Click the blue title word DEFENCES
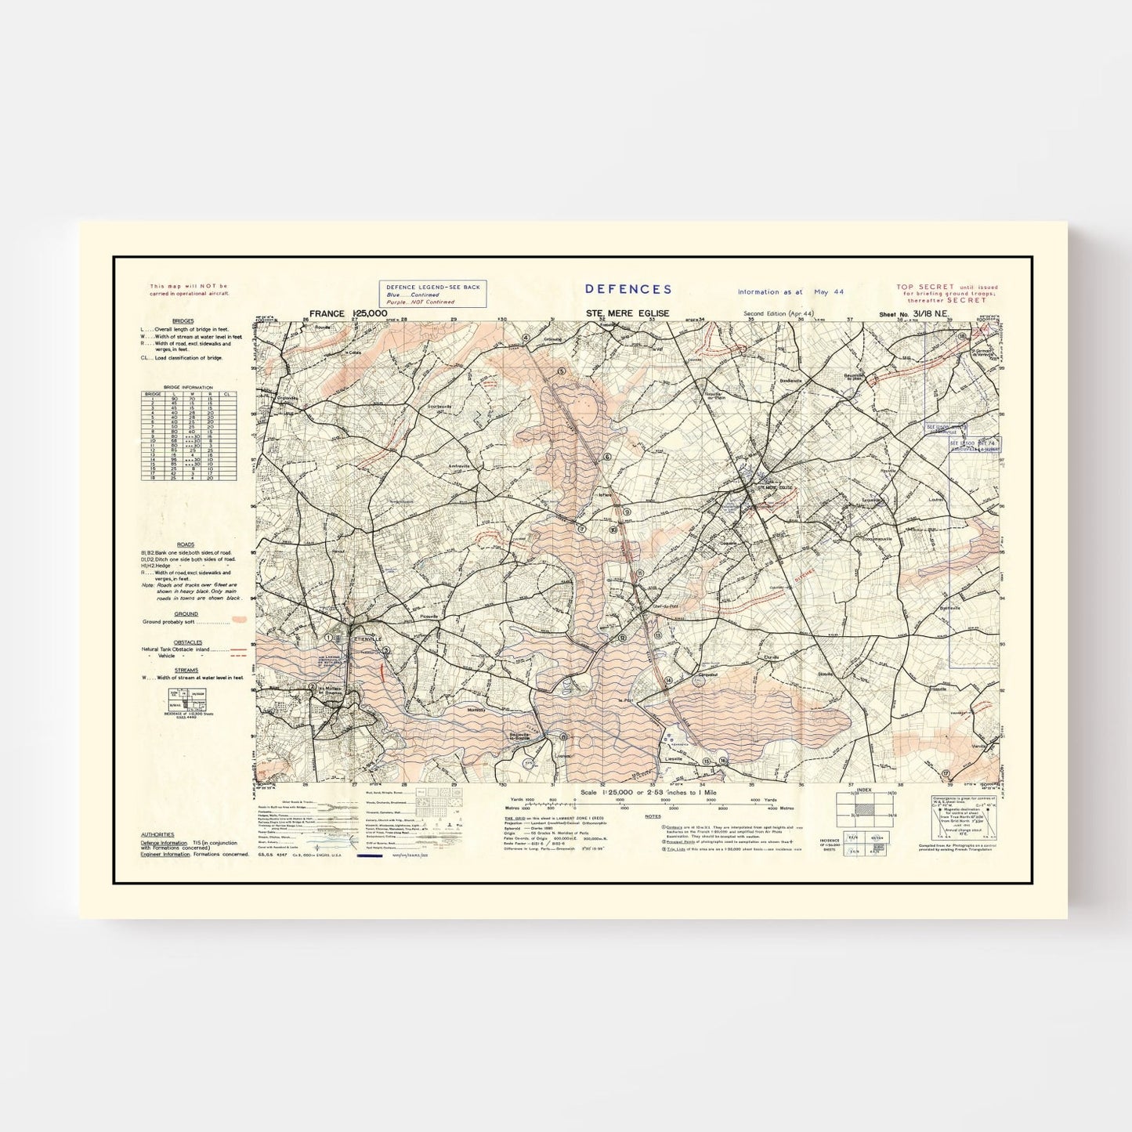[628, 289]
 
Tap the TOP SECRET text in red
[926, 288]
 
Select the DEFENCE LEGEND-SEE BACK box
[432, 294]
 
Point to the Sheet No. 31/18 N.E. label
[913, 314]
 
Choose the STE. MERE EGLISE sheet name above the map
[627, 313]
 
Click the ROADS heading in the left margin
[185, 544]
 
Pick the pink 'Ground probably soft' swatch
[239, 620]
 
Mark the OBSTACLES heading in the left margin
[188, 642]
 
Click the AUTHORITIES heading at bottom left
[157, 835]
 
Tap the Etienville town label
[367, 638]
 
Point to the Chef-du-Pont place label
[664, 606]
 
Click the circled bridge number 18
[961, 337]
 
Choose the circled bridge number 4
[526, 338]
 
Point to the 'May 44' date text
[828, 291]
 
